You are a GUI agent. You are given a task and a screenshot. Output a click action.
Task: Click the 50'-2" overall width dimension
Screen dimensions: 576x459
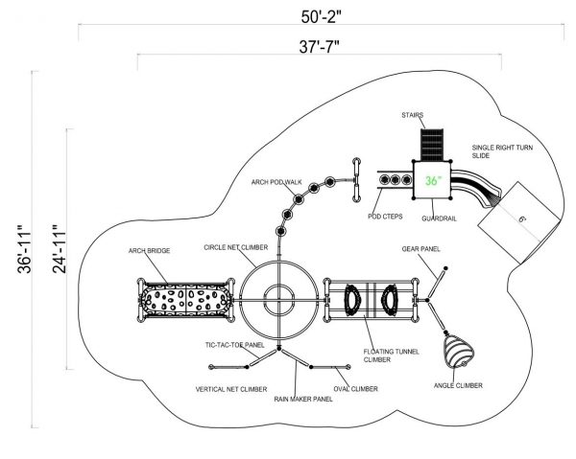321,17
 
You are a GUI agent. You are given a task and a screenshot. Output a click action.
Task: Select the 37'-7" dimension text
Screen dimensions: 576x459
319,47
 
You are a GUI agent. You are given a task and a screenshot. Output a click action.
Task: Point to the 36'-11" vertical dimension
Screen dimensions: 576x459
24,249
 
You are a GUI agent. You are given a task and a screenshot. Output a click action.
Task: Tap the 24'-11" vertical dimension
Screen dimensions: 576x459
60,249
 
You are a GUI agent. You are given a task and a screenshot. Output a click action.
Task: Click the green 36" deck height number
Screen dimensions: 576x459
433,181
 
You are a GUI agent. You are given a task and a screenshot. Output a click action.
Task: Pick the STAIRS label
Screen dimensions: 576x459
412,115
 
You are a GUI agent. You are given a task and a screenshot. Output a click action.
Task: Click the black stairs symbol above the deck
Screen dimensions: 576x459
432,145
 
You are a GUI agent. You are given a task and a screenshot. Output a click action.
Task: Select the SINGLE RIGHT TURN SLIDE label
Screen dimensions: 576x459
502,151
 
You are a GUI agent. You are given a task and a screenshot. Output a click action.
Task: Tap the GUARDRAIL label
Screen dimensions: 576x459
439,218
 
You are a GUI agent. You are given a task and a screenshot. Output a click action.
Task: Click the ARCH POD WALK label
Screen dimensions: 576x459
276,182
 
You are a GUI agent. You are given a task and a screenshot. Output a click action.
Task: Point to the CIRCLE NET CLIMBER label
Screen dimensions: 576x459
236,247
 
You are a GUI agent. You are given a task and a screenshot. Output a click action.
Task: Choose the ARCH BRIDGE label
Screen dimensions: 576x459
149,251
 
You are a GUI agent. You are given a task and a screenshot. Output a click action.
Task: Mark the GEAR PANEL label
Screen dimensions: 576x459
421,249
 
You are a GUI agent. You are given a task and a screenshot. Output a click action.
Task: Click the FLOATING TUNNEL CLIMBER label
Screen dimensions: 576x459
392,356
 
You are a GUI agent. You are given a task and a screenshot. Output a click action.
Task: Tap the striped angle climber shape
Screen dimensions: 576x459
459,352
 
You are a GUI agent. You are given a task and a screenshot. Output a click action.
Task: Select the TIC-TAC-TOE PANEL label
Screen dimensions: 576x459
235,345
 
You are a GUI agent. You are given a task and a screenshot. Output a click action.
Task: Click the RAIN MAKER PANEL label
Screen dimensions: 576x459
303,399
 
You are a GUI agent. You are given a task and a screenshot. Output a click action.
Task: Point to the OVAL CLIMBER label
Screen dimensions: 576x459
355,389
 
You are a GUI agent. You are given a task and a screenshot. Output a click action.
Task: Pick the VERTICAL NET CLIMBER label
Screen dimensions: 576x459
231,389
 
